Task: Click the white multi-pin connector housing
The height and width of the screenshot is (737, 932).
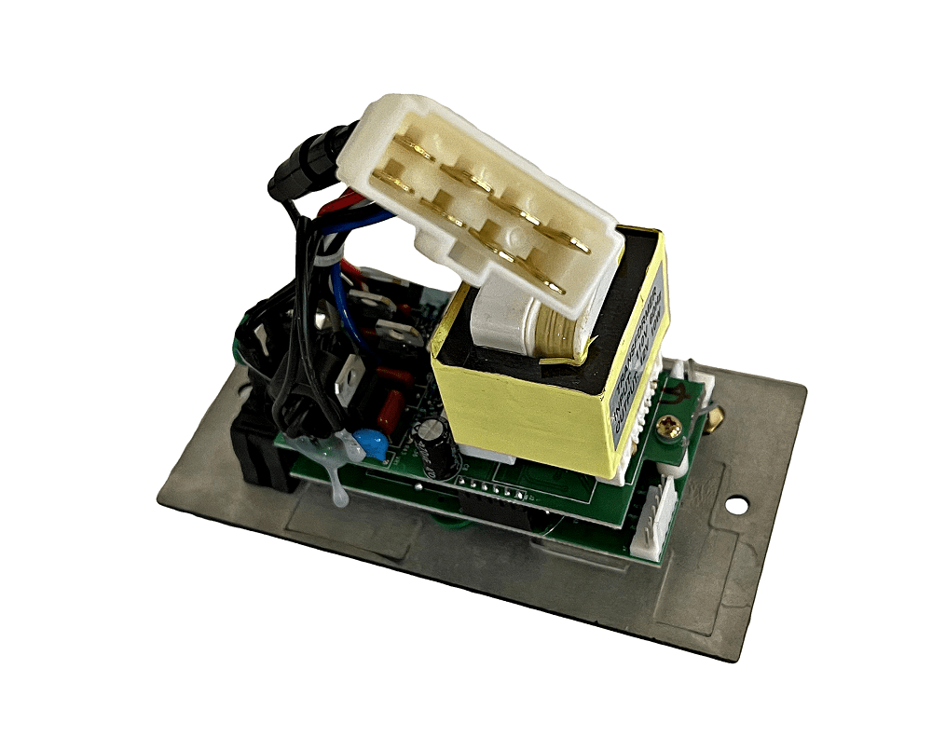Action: click(x=466, y=186)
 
